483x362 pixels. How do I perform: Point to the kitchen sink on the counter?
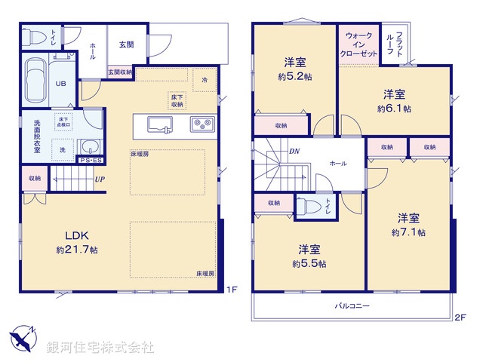click(161, 124)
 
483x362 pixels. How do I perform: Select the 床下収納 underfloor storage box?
click(175, 99)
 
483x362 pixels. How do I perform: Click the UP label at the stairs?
click(99, 179)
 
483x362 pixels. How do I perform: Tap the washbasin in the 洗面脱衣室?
click(89, 146)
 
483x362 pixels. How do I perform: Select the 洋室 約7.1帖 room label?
click(408, 225)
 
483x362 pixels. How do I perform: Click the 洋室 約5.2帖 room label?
click(294, 68)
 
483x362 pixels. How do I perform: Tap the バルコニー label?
click(352, 306)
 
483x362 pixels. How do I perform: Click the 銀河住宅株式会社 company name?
click(100, 347)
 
